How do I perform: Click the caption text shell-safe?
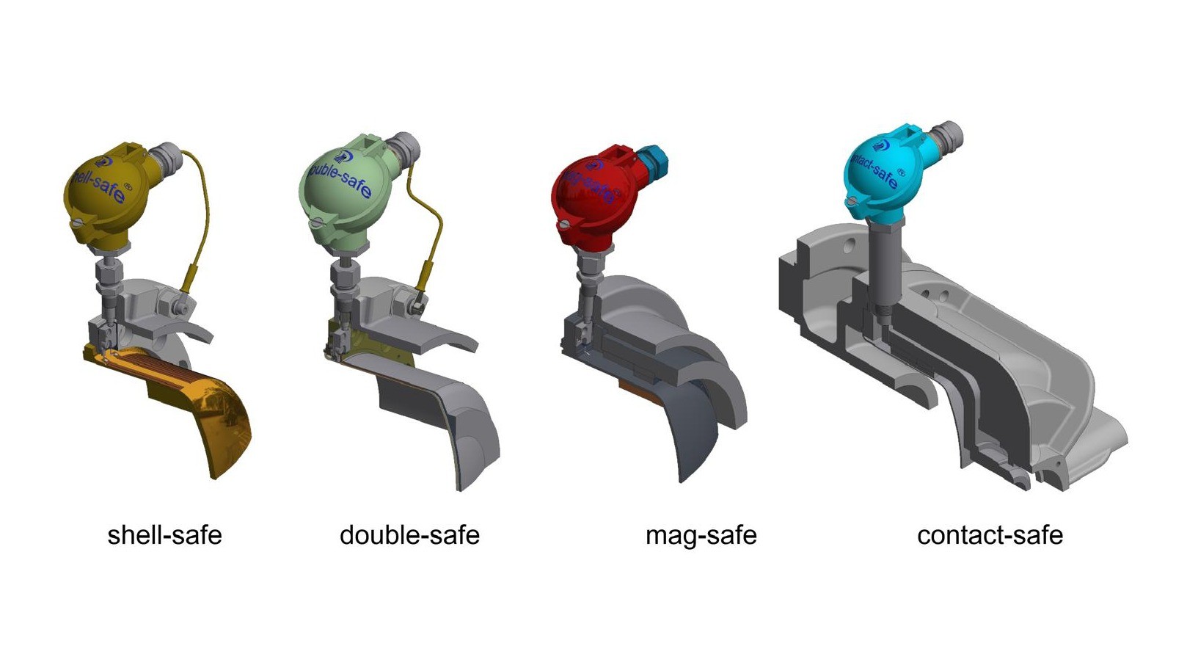point(164,535)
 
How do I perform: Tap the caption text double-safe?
point(409,535)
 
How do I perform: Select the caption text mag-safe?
point(701,536)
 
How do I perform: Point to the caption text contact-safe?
point(990,535)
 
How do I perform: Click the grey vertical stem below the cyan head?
point(880,264)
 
